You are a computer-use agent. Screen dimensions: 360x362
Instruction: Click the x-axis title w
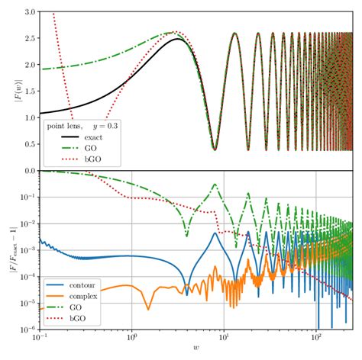(x=196, y=352)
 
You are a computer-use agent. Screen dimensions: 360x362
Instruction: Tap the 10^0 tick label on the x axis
(x=131, y=340)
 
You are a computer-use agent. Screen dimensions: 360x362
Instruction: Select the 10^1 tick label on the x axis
(x=225, y=340)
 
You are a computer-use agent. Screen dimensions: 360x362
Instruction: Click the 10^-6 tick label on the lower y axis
(x=23, y=330)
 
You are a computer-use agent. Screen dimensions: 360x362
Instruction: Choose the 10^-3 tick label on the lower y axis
(x=23, y=251)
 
